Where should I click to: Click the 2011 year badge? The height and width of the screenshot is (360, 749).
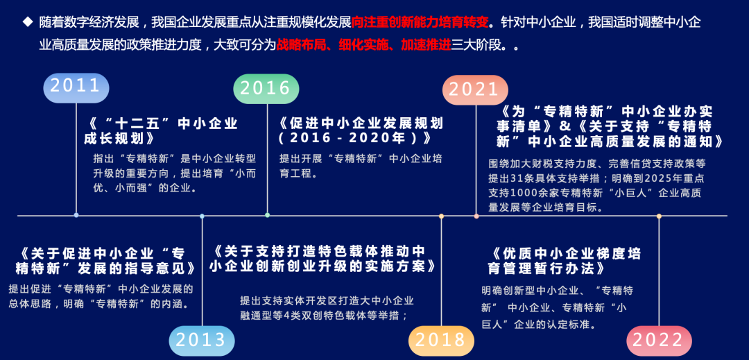pos(76,87)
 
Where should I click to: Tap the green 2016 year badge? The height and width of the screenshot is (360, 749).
pos(266,88)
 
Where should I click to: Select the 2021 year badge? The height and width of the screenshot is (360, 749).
pos(475,89)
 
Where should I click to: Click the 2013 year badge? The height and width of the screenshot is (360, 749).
pos(201,340)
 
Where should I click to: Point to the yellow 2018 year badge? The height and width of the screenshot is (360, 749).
pos(441,339)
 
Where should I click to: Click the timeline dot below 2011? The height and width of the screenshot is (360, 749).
pos(76,215)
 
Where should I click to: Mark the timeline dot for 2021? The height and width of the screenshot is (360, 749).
pos(476,216)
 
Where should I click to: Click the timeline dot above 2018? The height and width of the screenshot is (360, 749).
pos(441,216)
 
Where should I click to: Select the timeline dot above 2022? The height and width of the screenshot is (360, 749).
pos(659,216)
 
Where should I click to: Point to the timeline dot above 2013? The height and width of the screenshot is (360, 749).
pos(202,216)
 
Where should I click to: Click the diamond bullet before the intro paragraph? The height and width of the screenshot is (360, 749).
pos(28,22)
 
